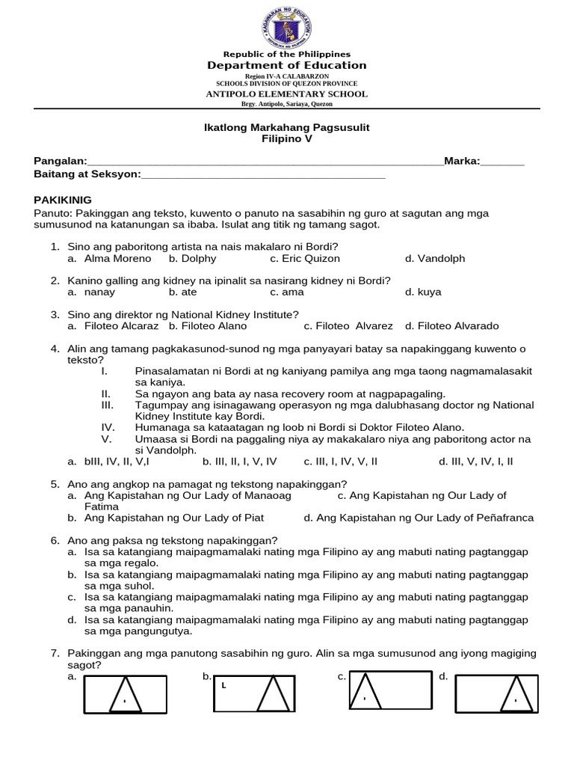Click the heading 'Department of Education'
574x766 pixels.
[287, 66]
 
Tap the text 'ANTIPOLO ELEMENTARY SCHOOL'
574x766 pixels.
[287, 94]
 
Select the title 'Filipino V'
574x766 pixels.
[287, 139]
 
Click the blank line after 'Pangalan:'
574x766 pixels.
[265, 162]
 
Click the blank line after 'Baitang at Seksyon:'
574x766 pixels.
[263, 175]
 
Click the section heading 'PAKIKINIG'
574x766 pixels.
[63, 200]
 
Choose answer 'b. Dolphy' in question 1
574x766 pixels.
[192, 259]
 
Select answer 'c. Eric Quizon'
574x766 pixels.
[305, 259]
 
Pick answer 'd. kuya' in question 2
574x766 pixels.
[423, 292]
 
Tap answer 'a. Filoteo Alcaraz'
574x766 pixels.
[113, 326]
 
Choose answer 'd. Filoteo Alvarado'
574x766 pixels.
[451, 326]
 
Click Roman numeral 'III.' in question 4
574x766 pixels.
[107, 405]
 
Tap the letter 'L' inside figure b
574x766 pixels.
[222, 684]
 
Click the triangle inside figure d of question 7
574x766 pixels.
[515, 693]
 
